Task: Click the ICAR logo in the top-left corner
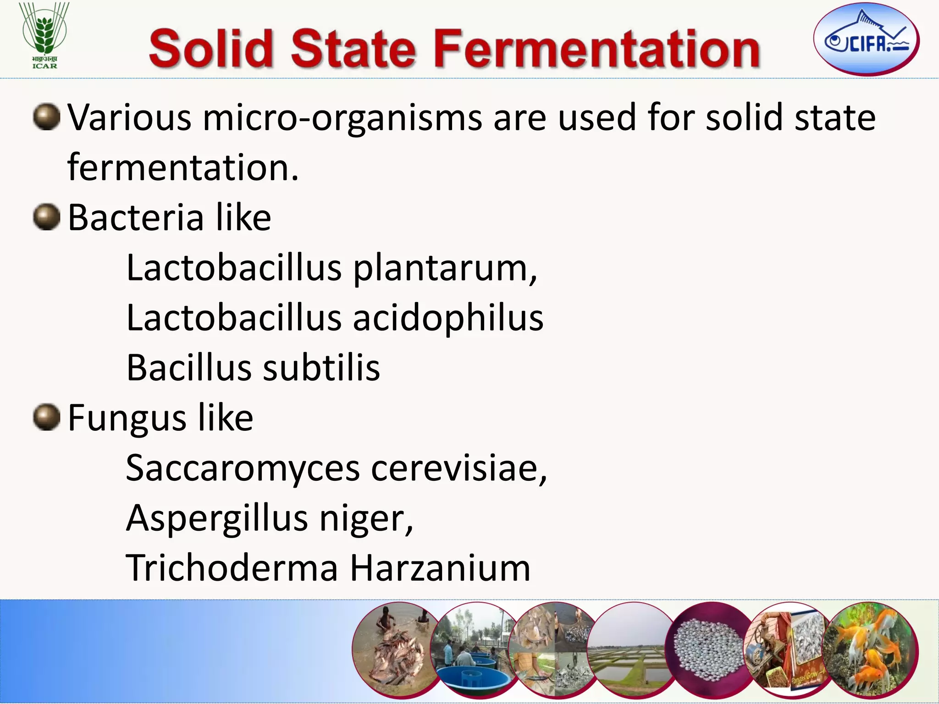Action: coord(44,35)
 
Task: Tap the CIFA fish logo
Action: coord(866,39)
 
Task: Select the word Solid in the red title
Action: coord(211,49)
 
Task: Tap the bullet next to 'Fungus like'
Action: coord(47,417)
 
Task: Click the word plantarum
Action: coord(445,268)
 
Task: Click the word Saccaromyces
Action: coord(243,468)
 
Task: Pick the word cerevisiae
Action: coord(459,468)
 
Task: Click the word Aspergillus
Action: coord(217,518)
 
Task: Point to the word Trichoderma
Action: coord(232,568)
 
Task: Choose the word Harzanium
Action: coord(440,568)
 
